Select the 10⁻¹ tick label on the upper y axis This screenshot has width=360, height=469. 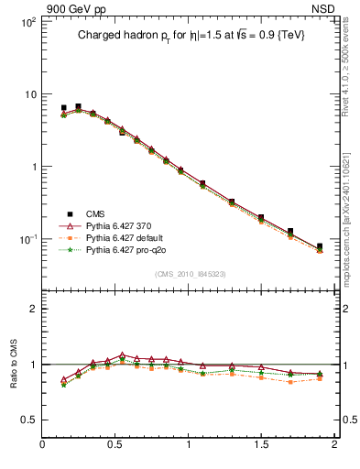click(x=26, y=240)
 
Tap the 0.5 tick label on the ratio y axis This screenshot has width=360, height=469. click(x=27, y=420)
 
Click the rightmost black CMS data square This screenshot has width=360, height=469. click(x=320, y=246)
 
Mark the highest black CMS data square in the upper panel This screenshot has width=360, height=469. click(x=78, y=107)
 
